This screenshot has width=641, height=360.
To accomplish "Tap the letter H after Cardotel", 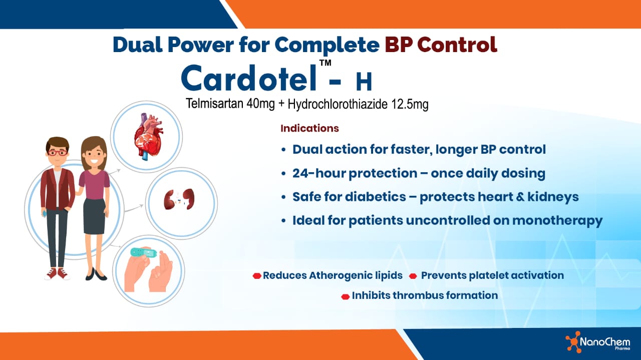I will coord(364,81).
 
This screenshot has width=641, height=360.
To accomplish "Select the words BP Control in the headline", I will coord(441,44).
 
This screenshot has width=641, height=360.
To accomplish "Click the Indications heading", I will coord(309,128).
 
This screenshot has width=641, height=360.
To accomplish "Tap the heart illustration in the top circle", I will coord(147,136).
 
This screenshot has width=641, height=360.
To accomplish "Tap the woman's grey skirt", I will coord(94,216).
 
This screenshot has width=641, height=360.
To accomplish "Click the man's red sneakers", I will coord(57,273).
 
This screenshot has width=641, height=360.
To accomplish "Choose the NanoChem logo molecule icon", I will coord(572,342).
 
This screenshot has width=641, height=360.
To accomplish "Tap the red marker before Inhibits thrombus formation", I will coord(345,296).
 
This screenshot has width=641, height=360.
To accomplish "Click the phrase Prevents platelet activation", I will coord(492,275).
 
